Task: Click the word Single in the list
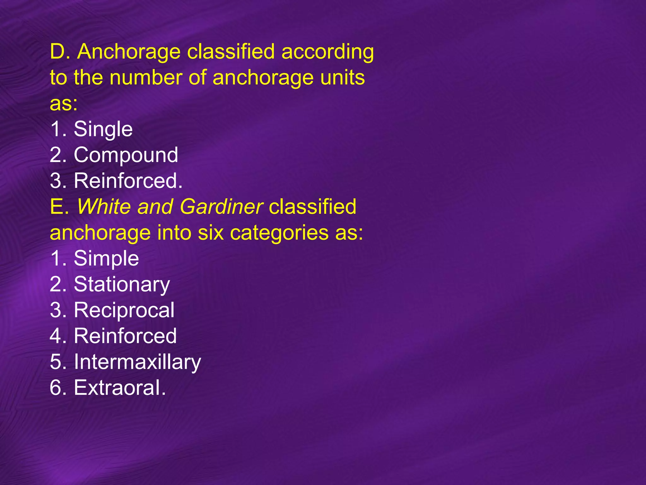[103, 129]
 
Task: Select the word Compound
[126, 155]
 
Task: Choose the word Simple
[106, 259]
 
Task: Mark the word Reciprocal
[124, 310]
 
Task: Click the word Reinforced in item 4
[125, 336]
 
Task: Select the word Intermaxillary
[137, 362]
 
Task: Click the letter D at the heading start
[57, 51]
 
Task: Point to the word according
[327, 52]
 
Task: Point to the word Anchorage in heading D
[129, 52]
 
